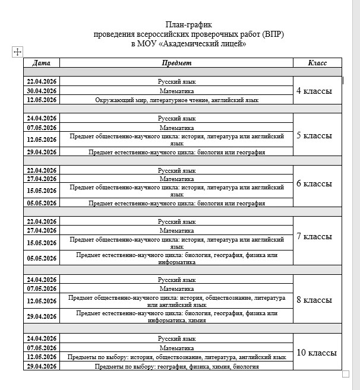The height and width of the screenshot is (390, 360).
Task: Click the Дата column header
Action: (42, 63)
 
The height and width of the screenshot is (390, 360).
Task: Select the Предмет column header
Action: (176, 63)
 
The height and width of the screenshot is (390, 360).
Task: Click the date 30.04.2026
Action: (42, 91)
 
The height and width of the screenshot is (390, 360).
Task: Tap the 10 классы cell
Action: (316, 353)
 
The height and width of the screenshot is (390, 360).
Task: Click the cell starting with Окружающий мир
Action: (176, 100)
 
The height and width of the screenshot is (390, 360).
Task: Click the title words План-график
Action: (188, 24)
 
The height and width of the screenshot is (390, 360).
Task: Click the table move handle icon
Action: (17, 52)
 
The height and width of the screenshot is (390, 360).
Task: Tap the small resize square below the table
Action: (346, 374)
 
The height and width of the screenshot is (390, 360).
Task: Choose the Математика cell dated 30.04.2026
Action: (176, 91)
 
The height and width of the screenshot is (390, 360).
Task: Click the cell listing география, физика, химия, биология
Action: (176, 367)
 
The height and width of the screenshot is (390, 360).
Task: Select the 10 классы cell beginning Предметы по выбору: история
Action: (176, 357)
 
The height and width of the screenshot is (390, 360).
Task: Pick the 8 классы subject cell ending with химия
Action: (176, 316)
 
